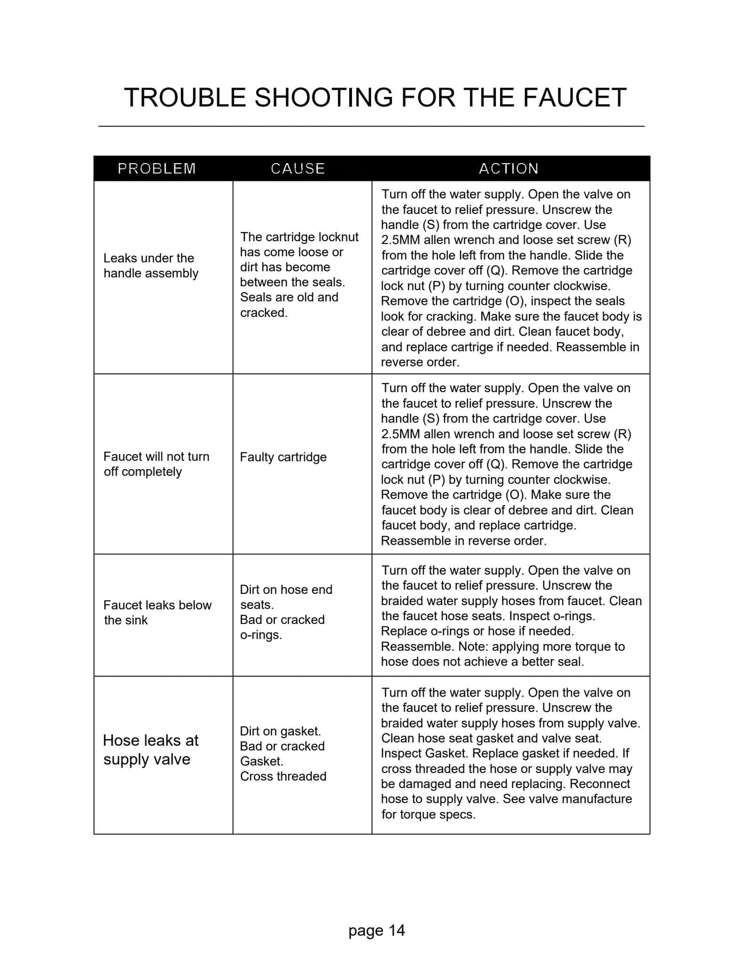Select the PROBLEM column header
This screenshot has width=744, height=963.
pyautogui.click(x=157, y=169)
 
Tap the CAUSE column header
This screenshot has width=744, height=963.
pyautogui.click(x=298, y=169)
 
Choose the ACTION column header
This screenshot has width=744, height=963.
pyautogui.click(x=509, y=169)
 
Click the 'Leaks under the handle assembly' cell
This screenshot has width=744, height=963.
pyautogui.click(x=151, y=266)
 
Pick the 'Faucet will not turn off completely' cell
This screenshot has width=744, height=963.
pyautogui.click(x=156, y=464)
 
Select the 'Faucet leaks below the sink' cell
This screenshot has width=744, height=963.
pyautogui.click(x=157, y=613)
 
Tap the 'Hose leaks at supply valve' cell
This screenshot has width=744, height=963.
pyautogui.click(x=150, y=750)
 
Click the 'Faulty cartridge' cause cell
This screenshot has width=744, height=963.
pyautogui.click(x=283, y=457)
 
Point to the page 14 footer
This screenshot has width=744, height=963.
pyautogui.click(x=377, y=930)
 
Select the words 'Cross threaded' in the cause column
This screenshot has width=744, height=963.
pyautogui.click(x=283, y=776)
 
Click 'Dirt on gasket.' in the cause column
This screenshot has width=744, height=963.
pyautogui.click(x=280, y=731)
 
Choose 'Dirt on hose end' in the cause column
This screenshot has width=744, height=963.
pyautogui.click(x=286, y=590)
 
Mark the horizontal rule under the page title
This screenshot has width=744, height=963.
pyautogui.click(x=371, y=126)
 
